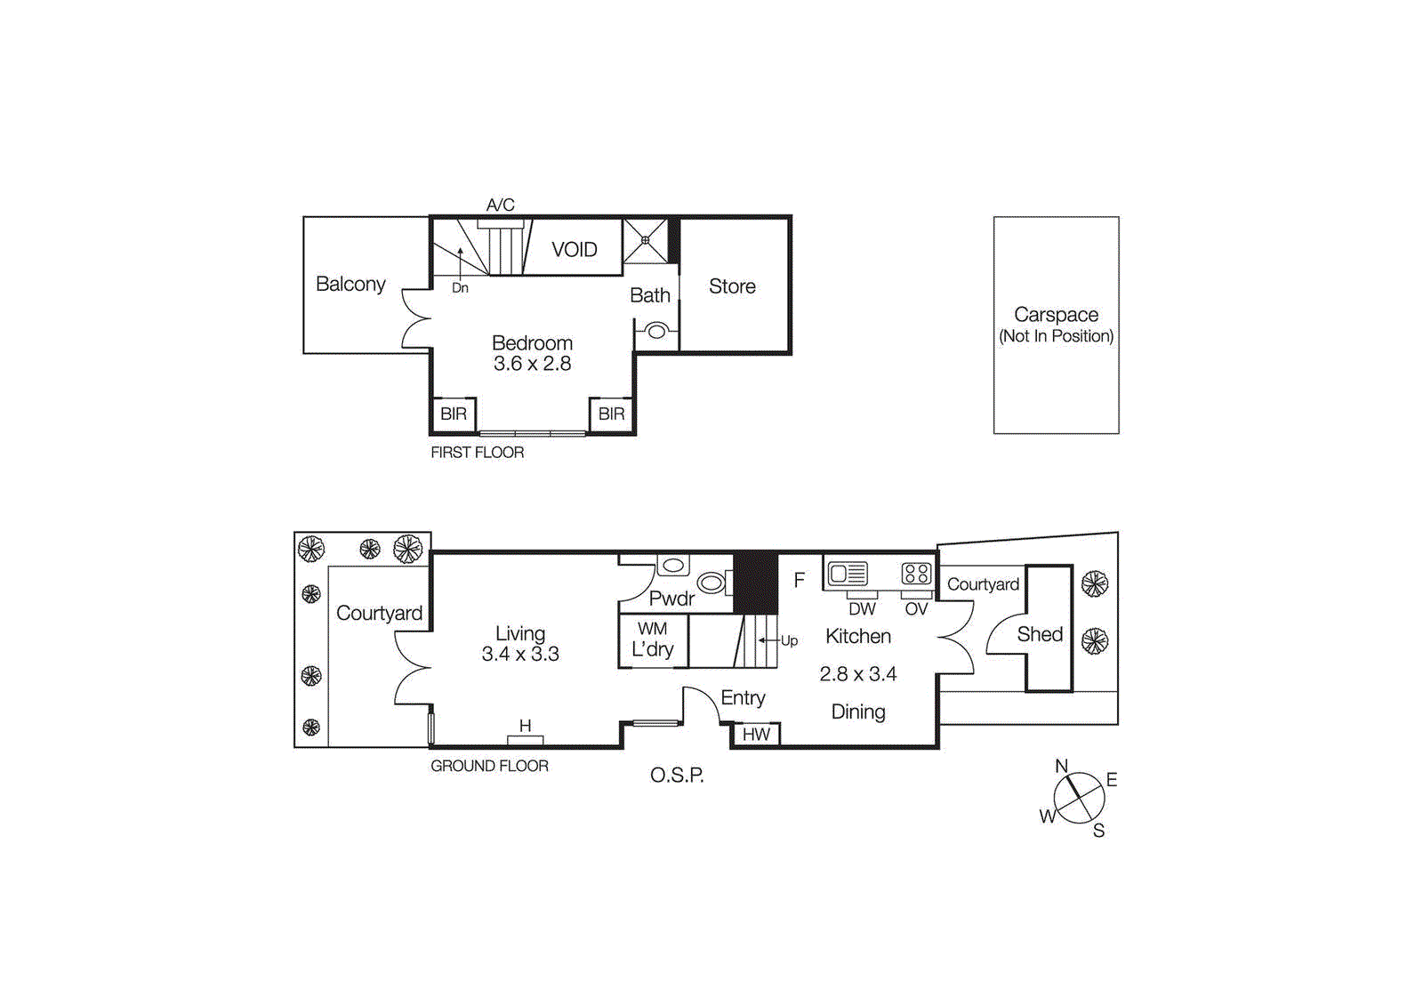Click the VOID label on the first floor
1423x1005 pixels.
574,250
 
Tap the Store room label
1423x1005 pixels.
732,286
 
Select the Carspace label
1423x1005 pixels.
1056,315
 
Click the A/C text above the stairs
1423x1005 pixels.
500,205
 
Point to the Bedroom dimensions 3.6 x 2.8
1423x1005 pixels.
532,364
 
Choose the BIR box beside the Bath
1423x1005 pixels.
611,414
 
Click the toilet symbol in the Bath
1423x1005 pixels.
656,332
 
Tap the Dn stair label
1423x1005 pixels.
460,288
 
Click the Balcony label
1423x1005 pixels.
350,284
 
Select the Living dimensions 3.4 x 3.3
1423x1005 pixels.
520,655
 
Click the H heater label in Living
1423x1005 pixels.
525,727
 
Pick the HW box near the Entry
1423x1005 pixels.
756,735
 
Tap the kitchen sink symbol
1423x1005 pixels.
848,574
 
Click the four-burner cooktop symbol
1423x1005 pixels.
916,574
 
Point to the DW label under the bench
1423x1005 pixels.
862,609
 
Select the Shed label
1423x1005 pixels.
1040,634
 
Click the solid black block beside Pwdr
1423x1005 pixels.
756,582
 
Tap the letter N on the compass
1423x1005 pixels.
1061,766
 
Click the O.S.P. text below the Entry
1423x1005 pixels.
677,776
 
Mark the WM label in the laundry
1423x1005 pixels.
652,629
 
